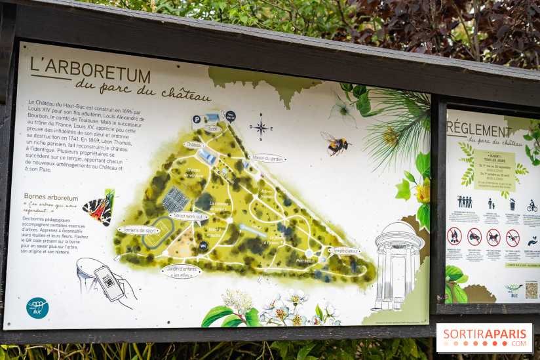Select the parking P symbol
[197, 120]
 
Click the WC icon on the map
[203, 246]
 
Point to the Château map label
[195, 145]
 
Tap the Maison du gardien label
[267, 158]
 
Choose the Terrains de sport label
[139, 230]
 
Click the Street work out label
[189, 216]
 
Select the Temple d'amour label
[345, 250]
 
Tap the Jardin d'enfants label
[182, 270]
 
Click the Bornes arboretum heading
[51, 197]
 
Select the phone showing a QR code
[107, 282]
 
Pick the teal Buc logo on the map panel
[37, 308]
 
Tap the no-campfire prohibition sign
[454, 236]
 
